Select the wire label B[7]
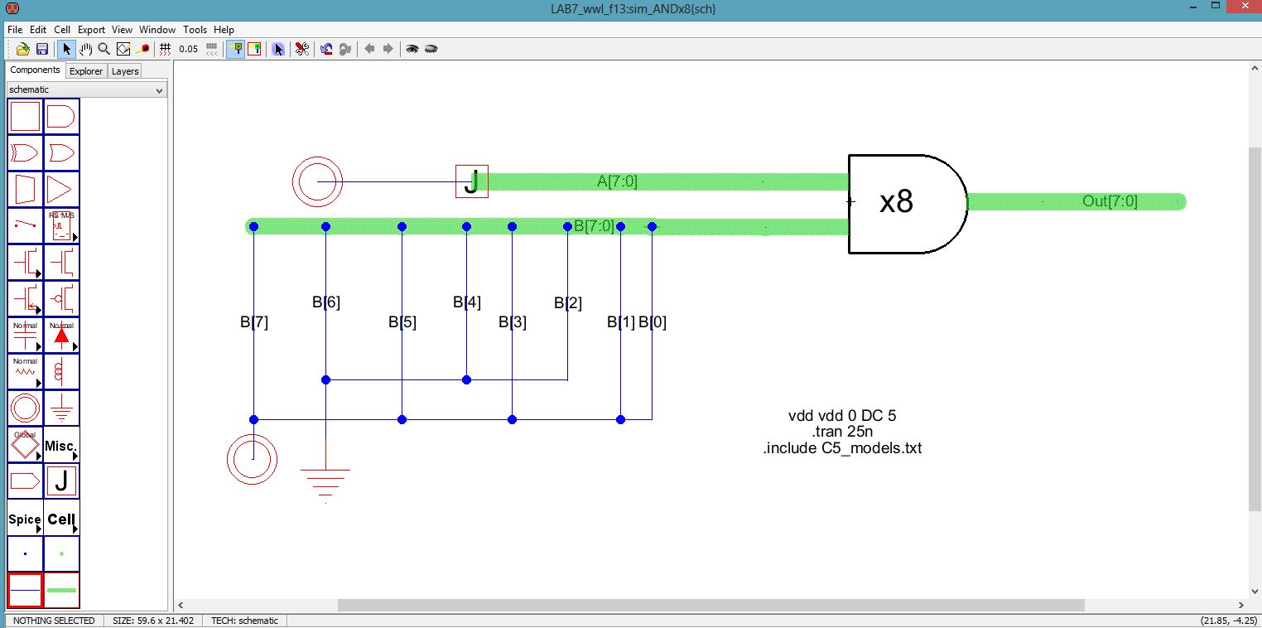point(254,322)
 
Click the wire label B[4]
point(467,302)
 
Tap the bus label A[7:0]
point(617,181)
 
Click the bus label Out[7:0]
point(1110,201)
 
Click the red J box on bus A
point(472,181)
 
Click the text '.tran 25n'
point(842,432)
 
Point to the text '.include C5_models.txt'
point(842,448)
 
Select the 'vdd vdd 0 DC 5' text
point(842,416)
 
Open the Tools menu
point(195,29)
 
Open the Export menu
point(91,29)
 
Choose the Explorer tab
point(86,71)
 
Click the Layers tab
point(125,71)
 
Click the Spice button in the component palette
point(25,519)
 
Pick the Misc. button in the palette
point(61,446)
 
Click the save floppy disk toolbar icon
point(41,49)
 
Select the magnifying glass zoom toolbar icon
point(104,49)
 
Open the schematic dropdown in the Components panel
point(87,89)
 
